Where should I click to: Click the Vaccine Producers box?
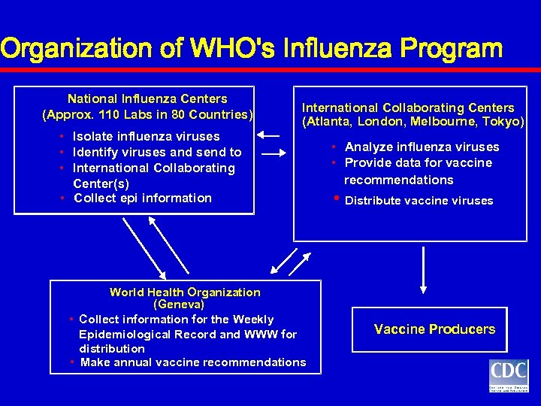point(434,329)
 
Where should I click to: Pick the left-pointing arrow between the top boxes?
point(267,136)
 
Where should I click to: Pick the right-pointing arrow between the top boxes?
point(274,153)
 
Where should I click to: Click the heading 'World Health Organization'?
point(185,292)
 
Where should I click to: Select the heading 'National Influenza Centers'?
point(147,98)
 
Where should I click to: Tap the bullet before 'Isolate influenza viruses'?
point(61,137)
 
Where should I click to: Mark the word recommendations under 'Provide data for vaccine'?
point(399,180)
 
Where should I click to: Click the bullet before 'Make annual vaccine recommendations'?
point(72,362)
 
